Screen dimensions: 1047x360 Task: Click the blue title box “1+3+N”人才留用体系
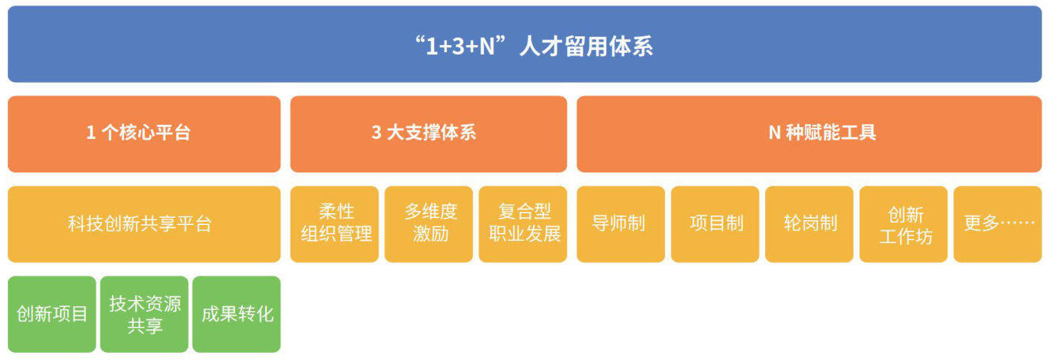[x=524, y=44]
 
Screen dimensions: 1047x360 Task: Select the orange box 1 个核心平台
[x=144, y=134]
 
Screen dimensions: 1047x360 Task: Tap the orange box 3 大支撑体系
[x=429, y=134]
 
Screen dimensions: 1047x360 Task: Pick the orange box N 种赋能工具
[x=809, y=134]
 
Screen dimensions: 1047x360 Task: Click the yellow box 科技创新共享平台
[x=144, y=224]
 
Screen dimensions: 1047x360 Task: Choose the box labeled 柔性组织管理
[x=334, y=224]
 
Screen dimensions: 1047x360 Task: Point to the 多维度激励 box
[x=429, y=224]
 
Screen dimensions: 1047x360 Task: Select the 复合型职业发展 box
[x=523, y=224]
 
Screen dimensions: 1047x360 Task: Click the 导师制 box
[x=621, y=224]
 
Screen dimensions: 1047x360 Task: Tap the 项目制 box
[x=715, y=224]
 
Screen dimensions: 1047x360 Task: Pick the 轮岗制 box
[x=809, y=224]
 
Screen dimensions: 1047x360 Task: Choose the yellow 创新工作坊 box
[x=903, y=224]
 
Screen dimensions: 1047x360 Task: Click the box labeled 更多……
[x=997, y=224]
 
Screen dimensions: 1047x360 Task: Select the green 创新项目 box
[x=52, y=314]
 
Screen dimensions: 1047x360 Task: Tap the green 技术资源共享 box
[x=144, y=314]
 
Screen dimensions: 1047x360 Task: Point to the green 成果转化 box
[x=237, y=314]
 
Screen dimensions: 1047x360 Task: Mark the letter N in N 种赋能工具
[x=775, y=133]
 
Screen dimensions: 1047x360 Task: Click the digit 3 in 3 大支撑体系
[x=377, y=133]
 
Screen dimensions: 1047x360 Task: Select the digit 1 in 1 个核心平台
[x=91, y=133]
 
